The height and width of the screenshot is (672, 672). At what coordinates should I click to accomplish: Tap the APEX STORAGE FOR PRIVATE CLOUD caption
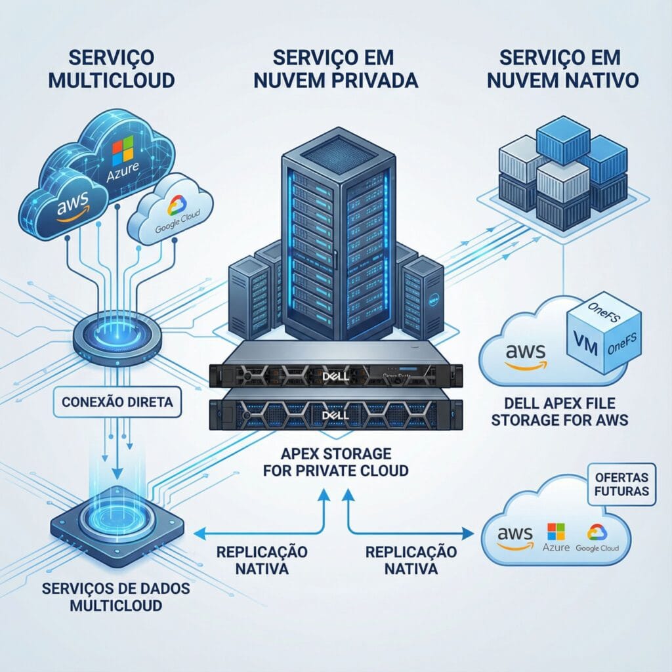click(336, 461)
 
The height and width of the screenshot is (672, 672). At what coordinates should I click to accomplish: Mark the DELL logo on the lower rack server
click(335, 416)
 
